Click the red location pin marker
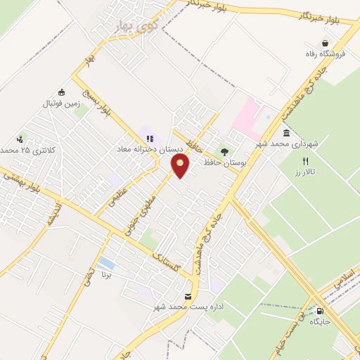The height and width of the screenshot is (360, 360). (181, 166)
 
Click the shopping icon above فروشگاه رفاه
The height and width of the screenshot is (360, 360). (325, 43)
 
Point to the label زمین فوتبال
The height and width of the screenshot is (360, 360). (63, 103)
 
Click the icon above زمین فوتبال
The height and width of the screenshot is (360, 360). (62, 91)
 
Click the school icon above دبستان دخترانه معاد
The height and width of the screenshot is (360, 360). (150, 138)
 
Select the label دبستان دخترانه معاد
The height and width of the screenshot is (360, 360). (150, 150)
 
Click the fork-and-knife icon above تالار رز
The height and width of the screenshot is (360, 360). (304, 160)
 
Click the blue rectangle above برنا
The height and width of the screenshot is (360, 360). (106, 264)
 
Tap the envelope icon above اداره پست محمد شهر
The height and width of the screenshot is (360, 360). (187, 296)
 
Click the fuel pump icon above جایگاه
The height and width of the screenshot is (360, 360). (321, 310)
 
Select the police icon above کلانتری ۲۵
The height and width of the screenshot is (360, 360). (20, 139)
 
